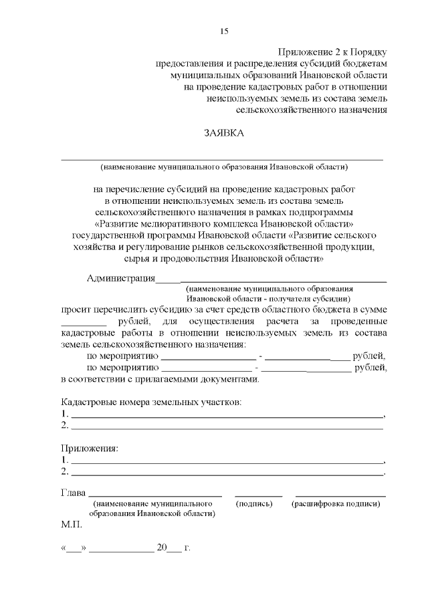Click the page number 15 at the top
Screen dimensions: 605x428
coord(225,31)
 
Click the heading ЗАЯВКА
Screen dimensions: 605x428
coord(225,133)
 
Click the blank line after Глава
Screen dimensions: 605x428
coord(155,495)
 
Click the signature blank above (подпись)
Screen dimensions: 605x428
coord(257,495)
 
